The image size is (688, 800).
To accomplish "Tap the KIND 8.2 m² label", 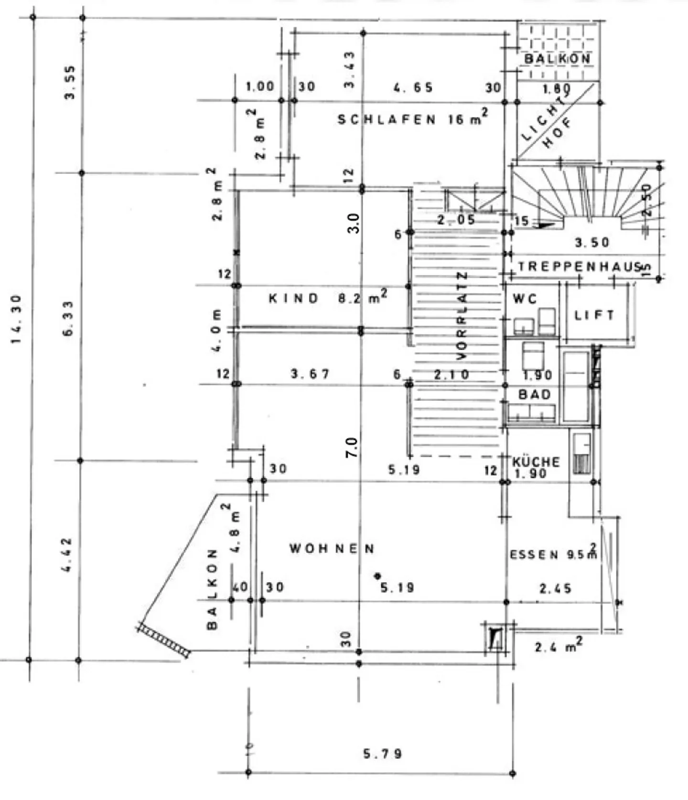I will (327, 298).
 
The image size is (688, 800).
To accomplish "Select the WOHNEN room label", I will (332, 549).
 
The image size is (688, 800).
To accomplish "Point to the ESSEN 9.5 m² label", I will (553, 554).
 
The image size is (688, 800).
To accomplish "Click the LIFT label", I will (594, 315).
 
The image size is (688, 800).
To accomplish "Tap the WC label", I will (525, 300).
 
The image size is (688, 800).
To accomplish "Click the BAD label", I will (535, 395).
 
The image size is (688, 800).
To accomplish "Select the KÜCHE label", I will (536, 462).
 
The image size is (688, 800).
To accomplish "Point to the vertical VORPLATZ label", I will (462, 316).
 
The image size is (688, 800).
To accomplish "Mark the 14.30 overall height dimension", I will (16, 319).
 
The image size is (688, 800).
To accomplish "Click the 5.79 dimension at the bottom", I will (382, 754).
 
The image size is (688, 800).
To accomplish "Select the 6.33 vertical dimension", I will (68, 318).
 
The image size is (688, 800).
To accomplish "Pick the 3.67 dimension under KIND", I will (310, 374).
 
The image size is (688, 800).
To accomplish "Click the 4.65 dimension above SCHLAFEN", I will (413, 87).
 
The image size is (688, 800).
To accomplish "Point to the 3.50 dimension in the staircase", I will (592, 243).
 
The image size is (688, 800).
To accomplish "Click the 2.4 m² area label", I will (558, 647).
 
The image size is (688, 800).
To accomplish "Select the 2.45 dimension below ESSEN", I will (555, 589).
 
